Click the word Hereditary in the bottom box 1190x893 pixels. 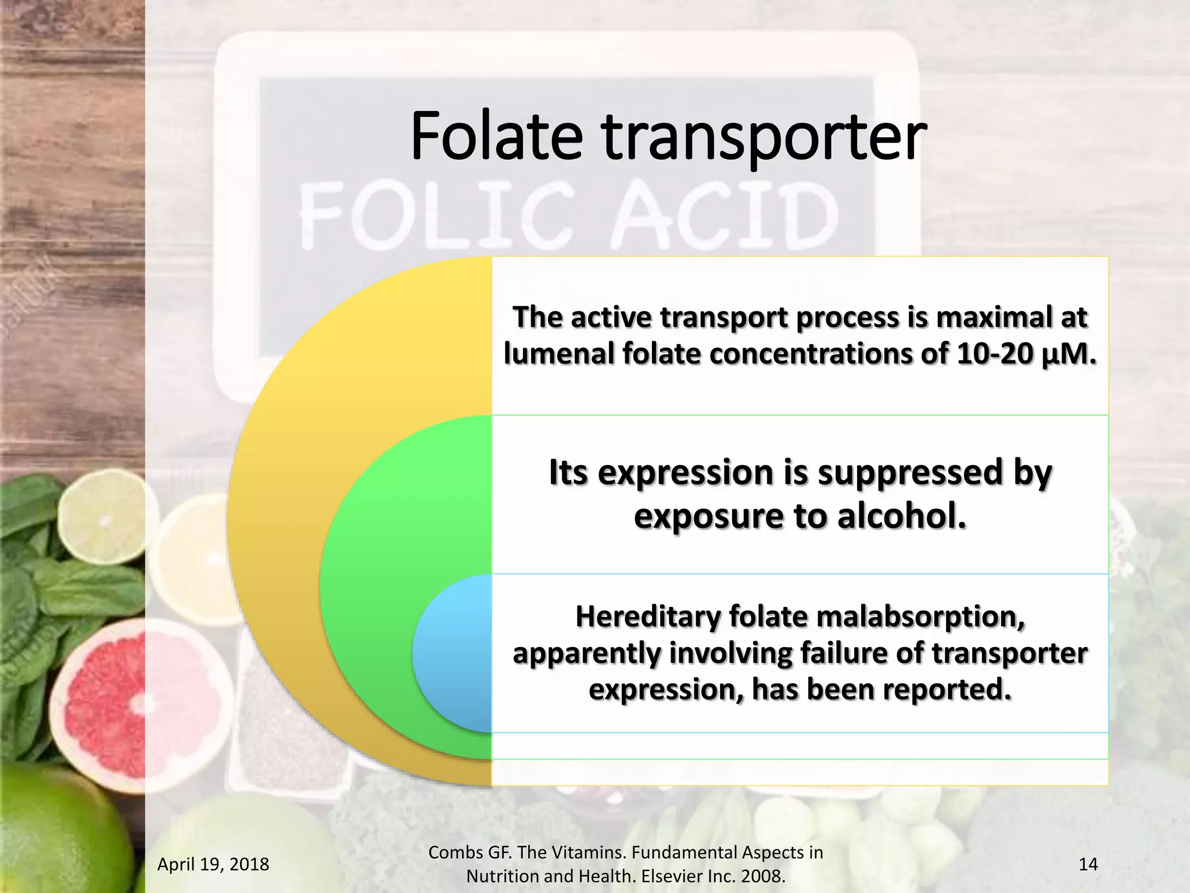pyautogui.click(x=647, y=617)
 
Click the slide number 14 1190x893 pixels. pyautogui.click(x=1088, y=865)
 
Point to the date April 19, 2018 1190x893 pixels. pyautogui.click(x=213, y=865)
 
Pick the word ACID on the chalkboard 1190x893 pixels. pyautogui.click(x=726, y=215)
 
